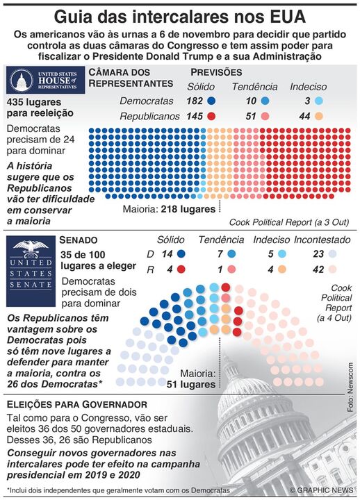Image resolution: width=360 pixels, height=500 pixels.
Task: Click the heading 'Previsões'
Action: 216,72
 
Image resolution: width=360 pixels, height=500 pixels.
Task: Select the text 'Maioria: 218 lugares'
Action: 169,208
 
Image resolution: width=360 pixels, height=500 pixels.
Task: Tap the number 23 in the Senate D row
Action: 320,254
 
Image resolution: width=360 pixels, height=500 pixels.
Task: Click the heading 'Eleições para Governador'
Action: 76,404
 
